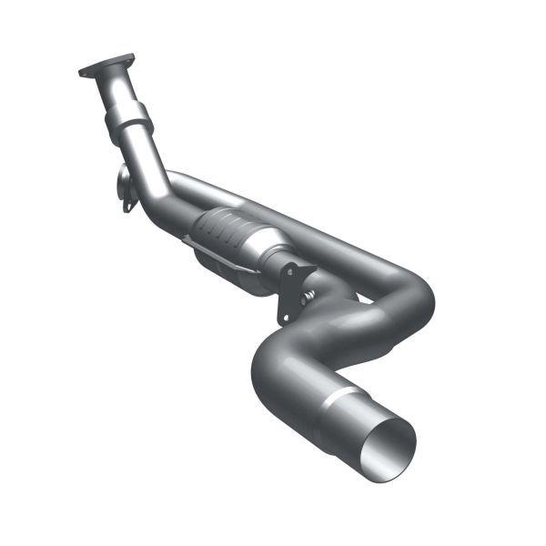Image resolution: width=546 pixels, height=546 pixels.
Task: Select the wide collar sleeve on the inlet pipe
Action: coord(128,119)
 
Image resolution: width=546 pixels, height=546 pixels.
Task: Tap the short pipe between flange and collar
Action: coord(117,91)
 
